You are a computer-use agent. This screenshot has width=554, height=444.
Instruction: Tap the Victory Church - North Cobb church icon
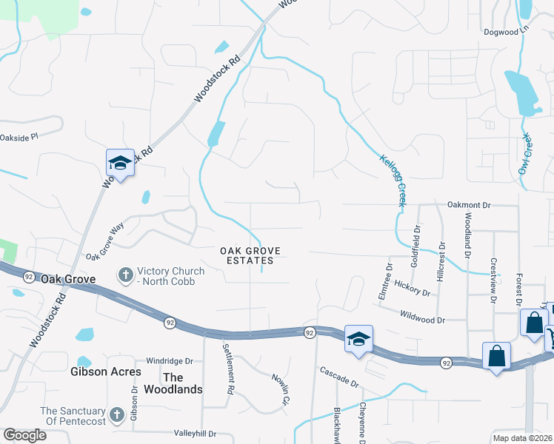(125, 275)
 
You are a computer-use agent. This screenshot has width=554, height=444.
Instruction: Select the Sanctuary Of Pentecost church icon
(117, 415)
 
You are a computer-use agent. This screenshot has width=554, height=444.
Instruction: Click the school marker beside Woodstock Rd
(119, 162)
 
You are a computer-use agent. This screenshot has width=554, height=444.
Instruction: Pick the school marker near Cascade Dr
(358, 339)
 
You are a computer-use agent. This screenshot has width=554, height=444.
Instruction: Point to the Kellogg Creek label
(393, 181)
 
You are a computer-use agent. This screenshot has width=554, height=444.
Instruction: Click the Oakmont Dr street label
(469, 203)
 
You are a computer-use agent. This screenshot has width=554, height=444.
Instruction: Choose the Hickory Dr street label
(413, 288)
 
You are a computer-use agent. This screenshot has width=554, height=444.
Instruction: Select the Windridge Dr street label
(170, 360)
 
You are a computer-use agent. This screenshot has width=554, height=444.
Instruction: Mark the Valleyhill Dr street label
(194, 433)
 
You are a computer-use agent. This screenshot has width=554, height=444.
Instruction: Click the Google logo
(24, 435)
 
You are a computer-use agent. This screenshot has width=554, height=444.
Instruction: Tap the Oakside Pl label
(19, 137)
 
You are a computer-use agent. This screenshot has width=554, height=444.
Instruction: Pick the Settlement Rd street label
(229, 368)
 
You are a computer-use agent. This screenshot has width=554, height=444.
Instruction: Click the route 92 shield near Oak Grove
(28, 277)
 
